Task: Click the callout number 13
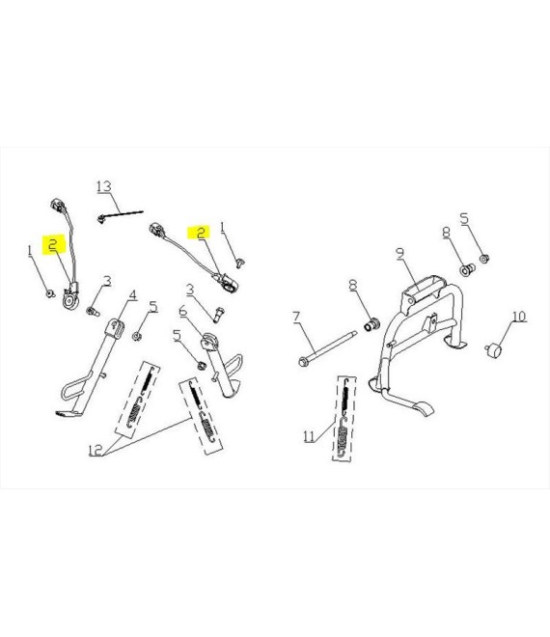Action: point(104,186)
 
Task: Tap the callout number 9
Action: point(400,254)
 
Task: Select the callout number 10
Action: point(519,316)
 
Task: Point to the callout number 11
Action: point(309,436)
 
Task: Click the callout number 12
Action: point(96,450)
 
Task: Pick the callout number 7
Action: point(296,318)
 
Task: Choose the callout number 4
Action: point(133,295)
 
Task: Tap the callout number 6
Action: point(183,312)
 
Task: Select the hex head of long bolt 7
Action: point(303,361)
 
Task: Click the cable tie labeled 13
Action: point(121,215)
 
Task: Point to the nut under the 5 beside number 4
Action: point(137,337)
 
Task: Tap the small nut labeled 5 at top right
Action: point(484,259)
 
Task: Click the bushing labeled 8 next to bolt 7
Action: point(371,325)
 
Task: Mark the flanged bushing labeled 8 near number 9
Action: point(467,269)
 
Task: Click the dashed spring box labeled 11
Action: point(344,419)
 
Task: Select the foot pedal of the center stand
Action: point(424,409)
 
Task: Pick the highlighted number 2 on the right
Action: point(201,233)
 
